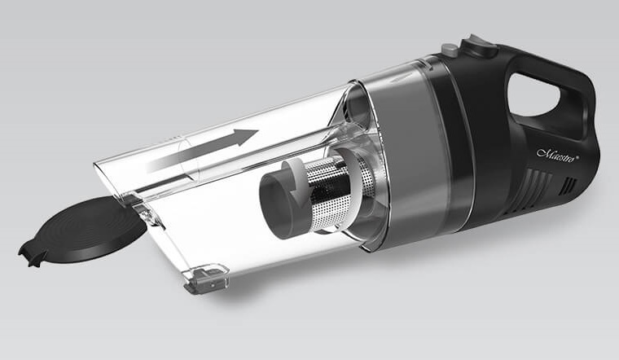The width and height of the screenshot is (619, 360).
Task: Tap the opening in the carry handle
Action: tap(533, 94)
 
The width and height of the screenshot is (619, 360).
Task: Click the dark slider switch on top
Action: tap(479, 45)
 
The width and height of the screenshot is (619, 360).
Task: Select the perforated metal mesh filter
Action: tap(328, 193)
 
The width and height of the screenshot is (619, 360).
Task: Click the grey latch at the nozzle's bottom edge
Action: tap(207, 279)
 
